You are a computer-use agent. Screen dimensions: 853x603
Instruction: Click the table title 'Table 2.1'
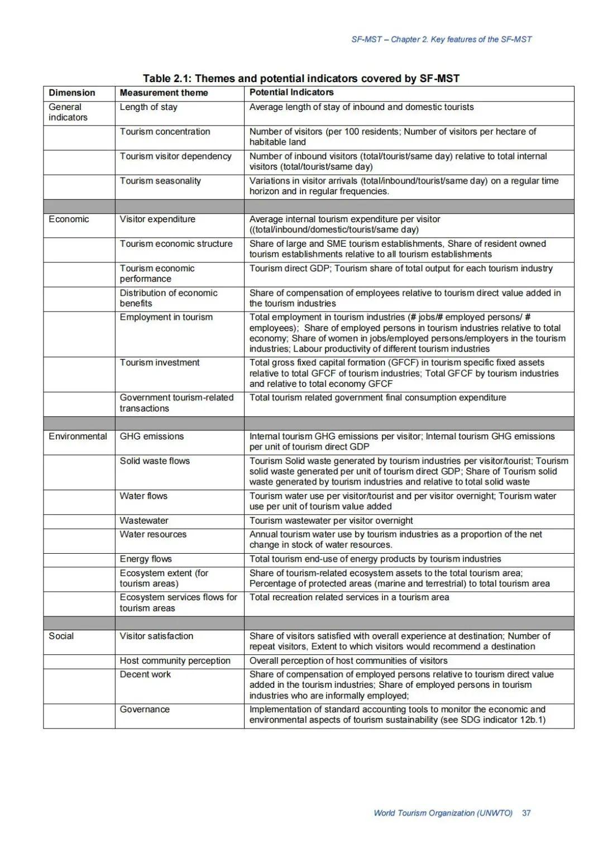(x=301, y=78)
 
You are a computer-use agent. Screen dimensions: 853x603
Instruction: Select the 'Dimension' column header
(x=72, y=93)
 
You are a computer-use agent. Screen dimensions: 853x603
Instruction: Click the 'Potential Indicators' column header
(x=291, y=93)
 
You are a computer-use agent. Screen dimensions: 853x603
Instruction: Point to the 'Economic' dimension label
(x=69, y=219)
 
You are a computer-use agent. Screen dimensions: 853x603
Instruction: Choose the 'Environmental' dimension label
(x=78, y=437)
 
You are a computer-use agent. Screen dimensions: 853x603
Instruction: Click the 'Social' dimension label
(x=61, y=636)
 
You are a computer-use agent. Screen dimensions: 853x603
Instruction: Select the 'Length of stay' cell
(x=149, y=107)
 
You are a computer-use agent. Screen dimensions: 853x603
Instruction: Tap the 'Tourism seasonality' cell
(x=160, y=181)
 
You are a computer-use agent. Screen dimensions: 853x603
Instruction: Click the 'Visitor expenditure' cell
(x=157, y=219)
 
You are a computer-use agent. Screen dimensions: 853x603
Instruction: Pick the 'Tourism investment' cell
(x=160, y=363)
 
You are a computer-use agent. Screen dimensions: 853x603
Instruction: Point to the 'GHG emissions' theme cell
(x=152, y=437)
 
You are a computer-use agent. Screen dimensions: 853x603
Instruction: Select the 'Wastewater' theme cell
(x=144, y=521)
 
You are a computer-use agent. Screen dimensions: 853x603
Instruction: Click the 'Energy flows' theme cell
(x=146, y=559)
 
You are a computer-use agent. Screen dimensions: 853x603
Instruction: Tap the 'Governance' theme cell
(x=145, y=710)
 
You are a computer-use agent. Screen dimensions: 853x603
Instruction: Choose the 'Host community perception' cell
(x=175, y=661)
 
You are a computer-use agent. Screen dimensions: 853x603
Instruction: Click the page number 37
(x=526, y=813)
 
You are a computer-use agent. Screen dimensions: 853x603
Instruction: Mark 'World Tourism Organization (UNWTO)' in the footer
(x=443, y=813)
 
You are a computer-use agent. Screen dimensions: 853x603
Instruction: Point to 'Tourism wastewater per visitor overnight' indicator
(x=331, y=521)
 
